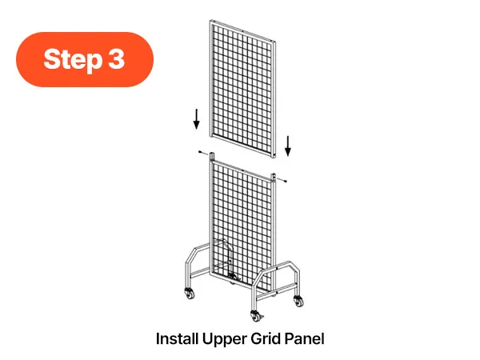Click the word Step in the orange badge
tap(73, 59)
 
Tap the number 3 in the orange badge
tap(116, 58)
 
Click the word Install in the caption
tap(177, 339)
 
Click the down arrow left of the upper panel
tap(197, 119)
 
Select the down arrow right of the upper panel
tap(288, 146)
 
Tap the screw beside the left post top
tap(202, 153)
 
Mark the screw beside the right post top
tap(282, 180)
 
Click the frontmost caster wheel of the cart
tap(255, 316)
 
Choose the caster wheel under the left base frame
tap(190, 294)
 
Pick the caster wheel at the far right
tap(298, 301)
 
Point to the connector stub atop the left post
tap(212, 156)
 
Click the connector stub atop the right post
tap(274, 178)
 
